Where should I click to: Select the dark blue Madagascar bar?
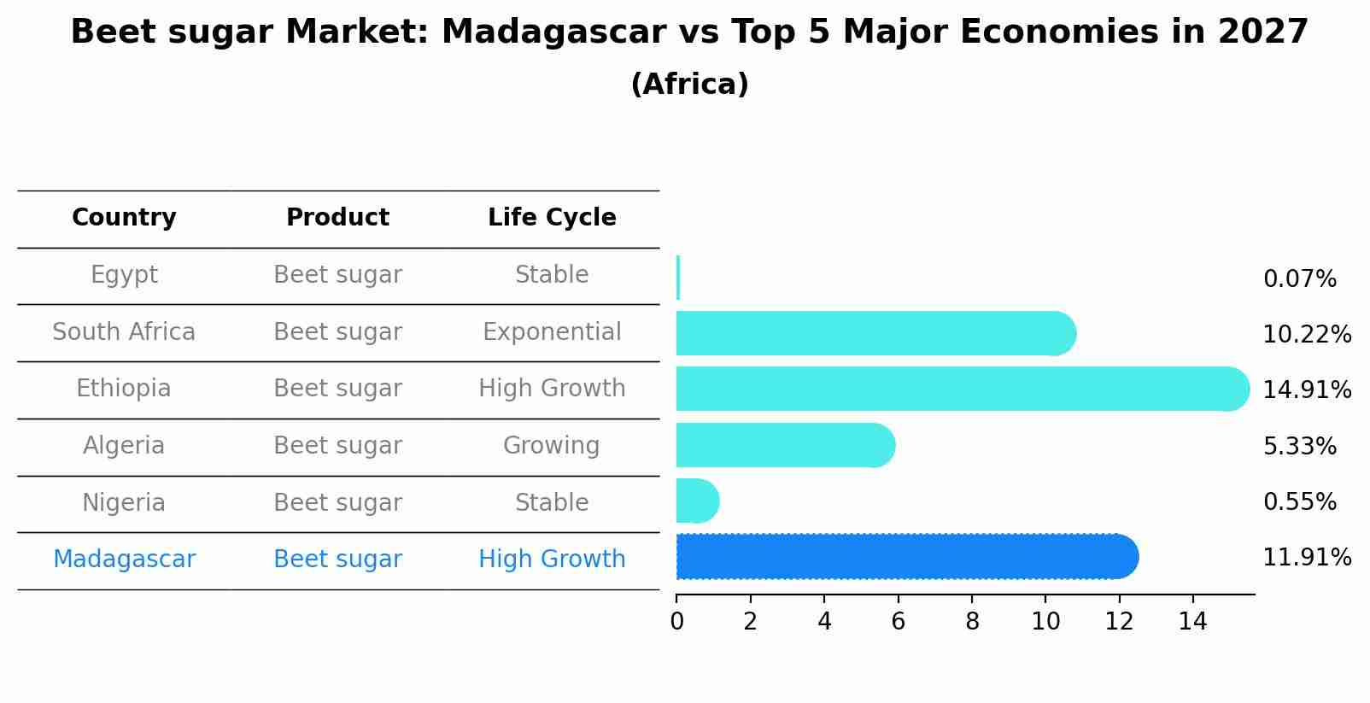click(905, 557)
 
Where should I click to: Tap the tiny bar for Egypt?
click(678, 277)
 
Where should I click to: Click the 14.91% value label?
click(1307, 390)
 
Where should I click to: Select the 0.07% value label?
click(1299, 279)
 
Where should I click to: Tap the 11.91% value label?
click(1307, 558)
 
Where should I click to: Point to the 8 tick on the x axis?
click(972, 622)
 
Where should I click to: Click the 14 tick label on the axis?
click(1192, 622)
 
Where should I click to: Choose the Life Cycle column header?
click(552, 218)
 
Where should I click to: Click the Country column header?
click(124, 218)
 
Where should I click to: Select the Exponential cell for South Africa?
click(552, 332)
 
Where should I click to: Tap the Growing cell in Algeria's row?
click(552, 446)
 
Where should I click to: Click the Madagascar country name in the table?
click(124, 559)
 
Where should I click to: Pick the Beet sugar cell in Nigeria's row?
click(337, 503)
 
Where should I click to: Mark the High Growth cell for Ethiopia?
click(552, 389)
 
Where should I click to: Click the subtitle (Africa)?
click(689, 85)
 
